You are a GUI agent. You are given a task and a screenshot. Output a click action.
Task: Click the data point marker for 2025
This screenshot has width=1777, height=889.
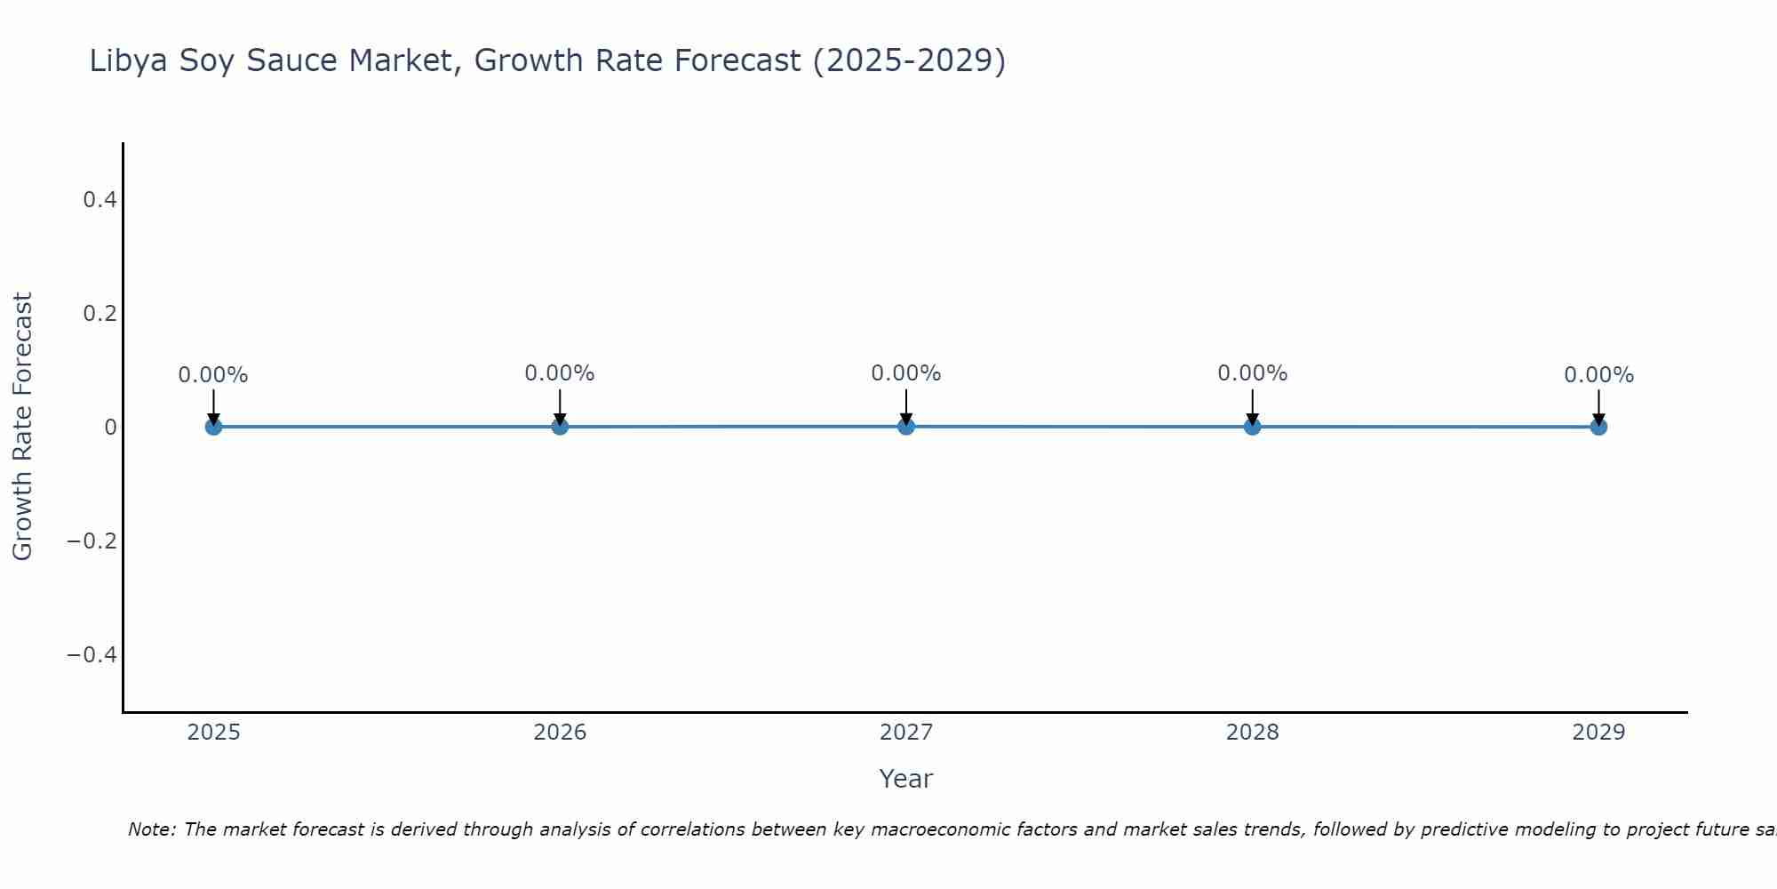click(x=213, y=427)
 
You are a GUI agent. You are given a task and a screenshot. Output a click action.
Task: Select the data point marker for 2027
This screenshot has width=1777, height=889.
click(x=906, y=427)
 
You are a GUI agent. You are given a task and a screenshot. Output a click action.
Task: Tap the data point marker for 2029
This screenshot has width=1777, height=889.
click(x=1598, y=427)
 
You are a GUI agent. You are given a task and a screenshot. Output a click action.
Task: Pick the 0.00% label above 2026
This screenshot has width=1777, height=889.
click(x=559, y=373)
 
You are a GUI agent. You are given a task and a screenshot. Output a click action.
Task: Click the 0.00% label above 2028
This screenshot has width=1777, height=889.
click(x=1252, y=373)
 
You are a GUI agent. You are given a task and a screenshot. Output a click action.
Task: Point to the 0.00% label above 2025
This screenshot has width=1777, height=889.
click(x=213, y=375)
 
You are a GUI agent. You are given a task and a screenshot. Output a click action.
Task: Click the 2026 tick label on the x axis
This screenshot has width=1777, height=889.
click(x=560, y=733)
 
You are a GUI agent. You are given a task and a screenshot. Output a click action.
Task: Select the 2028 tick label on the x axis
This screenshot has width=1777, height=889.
click(x=1252, y=733)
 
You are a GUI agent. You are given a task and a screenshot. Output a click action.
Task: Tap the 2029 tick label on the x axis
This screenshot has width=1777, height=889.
click(x=1598, y=733)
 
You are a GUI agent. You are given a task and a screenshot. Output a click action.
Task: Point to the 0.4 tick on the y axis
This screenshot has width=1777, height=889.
click(x=100, y=200)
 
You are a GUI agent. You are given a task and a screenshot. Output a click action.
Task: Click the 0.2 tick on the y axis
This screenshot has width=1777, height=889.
click(x=100, y=314)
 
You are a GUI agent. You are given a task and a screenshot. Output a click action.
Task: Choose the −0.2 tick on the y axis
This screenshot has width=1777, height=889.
click(x=92, y=541)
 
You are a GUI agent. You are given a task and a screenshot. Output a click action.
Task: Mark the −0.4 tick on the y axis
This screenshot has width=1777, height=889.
click(x=92, y=655)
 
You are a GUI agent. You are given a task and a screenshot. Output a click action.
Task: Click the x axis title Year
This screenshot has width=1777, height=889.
click(x=905, y=780)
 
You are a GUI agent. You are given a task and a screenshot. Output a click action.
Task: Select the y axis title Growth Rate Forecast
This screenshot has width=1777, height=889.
click(x=22, y=427)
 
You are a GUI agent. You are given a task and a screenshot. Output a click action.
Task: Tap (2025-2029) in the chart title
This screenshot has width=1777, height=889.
click(x=909, y=61)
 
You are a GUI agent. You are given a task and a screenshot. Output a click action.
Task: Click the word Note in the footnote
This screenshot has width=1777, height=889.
click(x=151, y=830)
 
